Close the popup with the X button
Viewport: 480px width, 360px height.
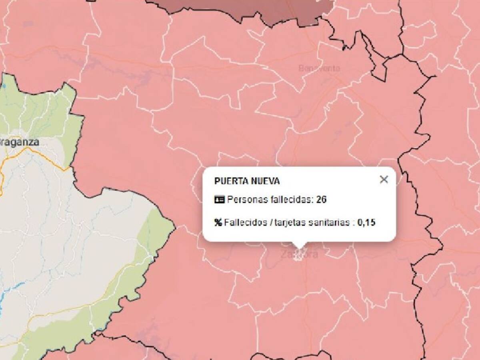click(x=384, y=180)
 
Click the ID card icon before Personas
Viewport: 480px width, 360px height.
click(x=219, y=200)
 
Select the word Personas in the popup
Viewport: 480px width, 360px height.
click(x=245, y=200)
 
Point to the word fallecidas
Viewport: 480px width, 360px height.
click(x=289, y=200)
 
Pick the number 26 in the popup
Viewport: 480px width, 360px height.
click(x=321, y=200)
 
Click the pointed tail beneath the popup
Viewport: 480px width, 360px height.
click(x=298, y=245)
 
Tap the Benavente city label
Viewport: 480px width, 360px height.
click(x=319, y=68)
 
